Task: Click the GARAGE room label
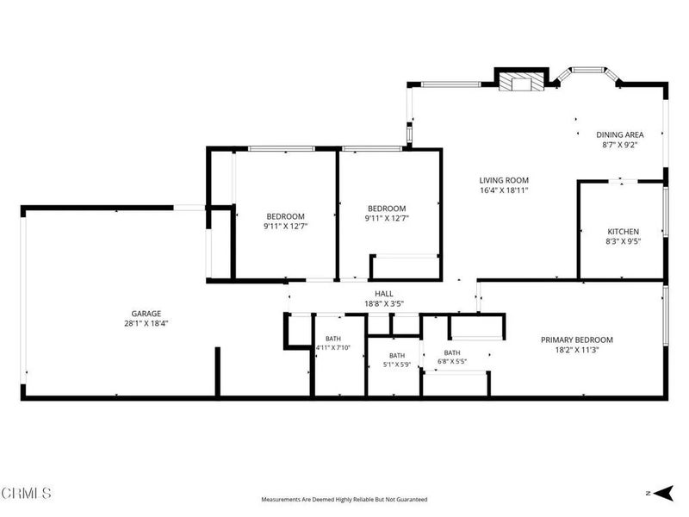click(x=146, y=314)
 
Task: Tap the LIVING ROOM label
click(x=504, y=180)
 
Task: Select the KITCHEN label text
click(x=623, y=232)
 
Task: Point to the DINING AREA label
click(x=619, y=135)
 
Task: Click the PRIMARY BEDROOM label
click(x=576, y=339)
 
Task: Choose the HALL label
click(x=384, y=294)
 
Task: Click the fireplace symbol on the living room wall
click(x=522, y=82)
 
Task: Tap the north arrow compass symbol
click(x=663, y=493)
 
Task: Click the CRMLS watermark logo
click(x=26, y=493)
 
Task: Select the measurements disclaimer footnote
click(x=344, y=500)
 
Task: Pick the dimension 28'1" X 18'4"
click(x=146, y=324)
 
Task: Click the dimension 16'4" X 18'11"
click(x=504, y=190)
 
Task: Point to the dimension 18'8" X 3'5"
click(x=384, y=304)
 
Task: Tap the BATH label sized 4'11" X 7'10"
click(x=333, y=339)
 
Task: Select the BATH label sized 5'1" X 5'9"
click(x=397, y=356)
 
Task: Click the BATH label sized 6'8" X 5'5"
click(x=452, y=352)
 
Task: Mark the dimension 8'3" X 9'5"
click(x=623, y=241)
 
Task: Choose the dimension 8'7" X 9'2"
click(x=619, y=145)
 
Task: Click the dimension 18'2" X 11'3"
click(x=576, y=350)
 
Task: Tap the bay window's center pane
click(x=588, y=70)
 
